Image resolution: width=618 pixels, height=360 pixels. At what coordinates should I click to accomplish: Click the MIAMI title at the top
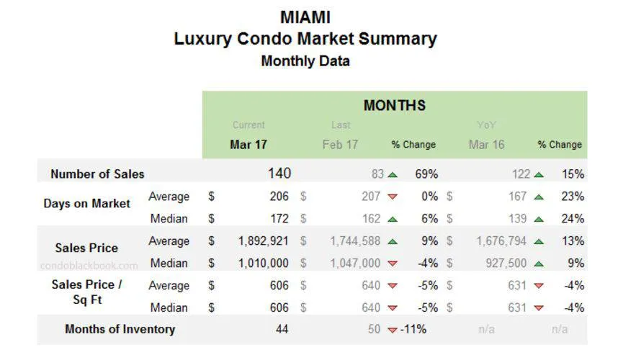(305, 17)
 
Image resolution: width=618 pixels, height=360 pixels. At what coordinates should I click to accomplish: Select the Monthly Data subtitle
(305, 61)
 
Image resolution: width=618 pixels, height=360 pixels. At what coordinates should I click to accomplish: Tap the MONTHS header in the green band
(394, 106)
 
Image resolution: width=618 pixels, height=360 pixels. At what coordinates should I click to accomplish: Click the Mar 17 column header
(248, 144)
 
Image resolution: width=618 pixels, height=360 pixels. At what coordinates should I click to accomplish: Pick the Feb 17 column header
(340, 144)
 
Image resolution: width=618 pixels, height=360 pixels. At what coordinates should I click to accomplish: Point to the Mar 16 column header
(486, 144)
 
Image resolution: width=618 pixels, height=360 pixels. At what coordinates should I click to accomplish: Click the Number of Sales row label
(97, 174)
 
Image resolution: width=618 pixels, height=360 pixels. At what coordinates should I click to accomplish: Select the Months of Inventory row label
(120, 329)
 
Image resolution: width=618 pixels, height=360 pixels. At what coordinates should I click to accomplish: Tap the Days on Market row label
(87, 204)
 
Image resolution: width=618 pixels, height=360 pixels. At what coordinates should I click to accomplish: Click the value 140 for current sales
(279, 174)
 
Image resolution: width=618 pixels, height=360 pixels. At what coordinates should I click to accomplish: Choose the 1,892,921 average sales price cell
(264, 241)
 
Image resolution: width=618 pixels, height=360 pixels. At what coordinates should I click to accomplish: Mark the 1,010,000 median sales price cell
(264, 264)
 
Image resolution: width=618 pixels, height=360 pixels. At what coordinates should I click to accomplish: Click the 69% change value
(426, 174)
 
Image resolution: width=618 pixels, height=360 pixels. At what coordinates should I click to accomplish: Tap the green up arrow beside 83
(393, 174)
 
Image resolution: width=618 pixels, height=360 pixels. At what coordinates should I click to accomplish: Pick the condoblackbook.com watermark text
(89, 265)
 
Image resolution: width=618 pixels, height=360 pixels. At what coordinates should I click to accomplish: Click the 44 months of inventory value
(282, 330)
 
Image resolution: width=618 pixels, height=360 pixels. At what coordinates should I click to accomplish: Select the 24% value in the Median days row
(573, 218)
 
